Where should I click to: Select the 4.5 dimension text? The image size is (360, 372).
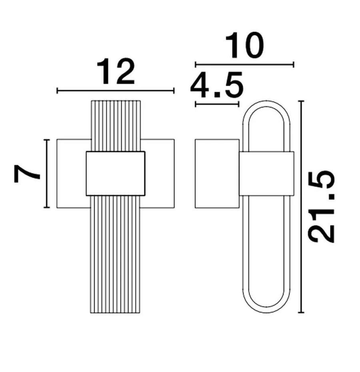tap(216, 86)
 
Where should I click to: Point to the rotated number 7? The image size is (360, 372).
tap(28, 174)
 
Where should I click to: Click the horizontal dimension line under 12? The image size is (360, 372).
tap(116, 91)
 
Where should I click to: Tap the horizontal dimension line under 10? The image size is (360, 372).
tap(244, 64)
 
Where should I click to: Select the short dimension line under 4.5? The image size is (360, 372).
tap(217, 104)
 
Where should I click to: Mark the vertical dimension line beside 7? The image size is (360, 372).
tap(47, 173)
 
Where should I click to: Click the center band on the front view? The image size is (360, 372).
tap(116, 174)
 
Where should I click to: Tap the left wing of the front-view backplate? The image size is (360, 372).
tap(72, 173)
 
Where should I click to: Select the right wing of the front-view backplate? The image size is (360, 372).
tap(159, 173)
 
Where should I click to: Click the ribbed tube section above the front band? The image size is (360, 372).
tap(116, 126)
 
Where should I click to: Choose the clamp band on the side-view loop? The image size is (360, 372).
tap(266, 173)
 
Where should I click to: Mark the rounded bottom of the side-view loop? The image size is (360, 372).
tap(266, 309)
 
